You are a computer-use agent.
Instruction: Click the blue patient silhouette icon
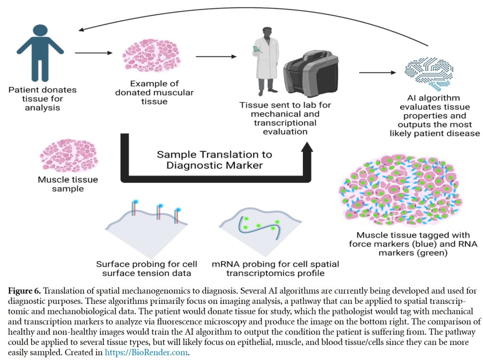40,52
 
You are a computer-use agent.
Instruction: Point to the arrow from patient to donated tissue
94,53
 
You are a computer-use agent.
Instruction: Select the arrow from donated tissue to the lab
215,57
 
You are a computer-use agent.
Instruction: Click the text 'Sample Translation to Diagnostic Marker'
214,159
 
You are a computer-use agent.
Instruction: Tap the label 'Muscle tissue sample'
61,184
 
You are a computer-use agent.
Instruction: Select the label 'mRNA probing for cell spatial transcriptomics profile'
275,268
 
